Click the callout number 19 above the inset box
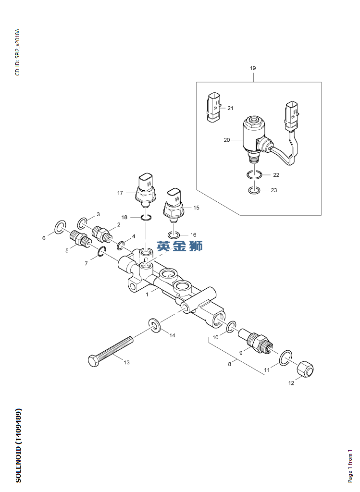coord(253,68)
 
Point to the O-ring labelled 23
coord(255,191)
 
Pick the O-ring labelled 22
coord(254,175)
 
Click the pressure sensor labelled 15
coord(174,206)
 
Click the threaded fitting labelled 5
coord(79,238)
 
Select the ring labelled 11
coord(285,356)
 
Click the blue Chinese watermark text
coord(180,246)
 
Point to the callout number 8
coord(230,364)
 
